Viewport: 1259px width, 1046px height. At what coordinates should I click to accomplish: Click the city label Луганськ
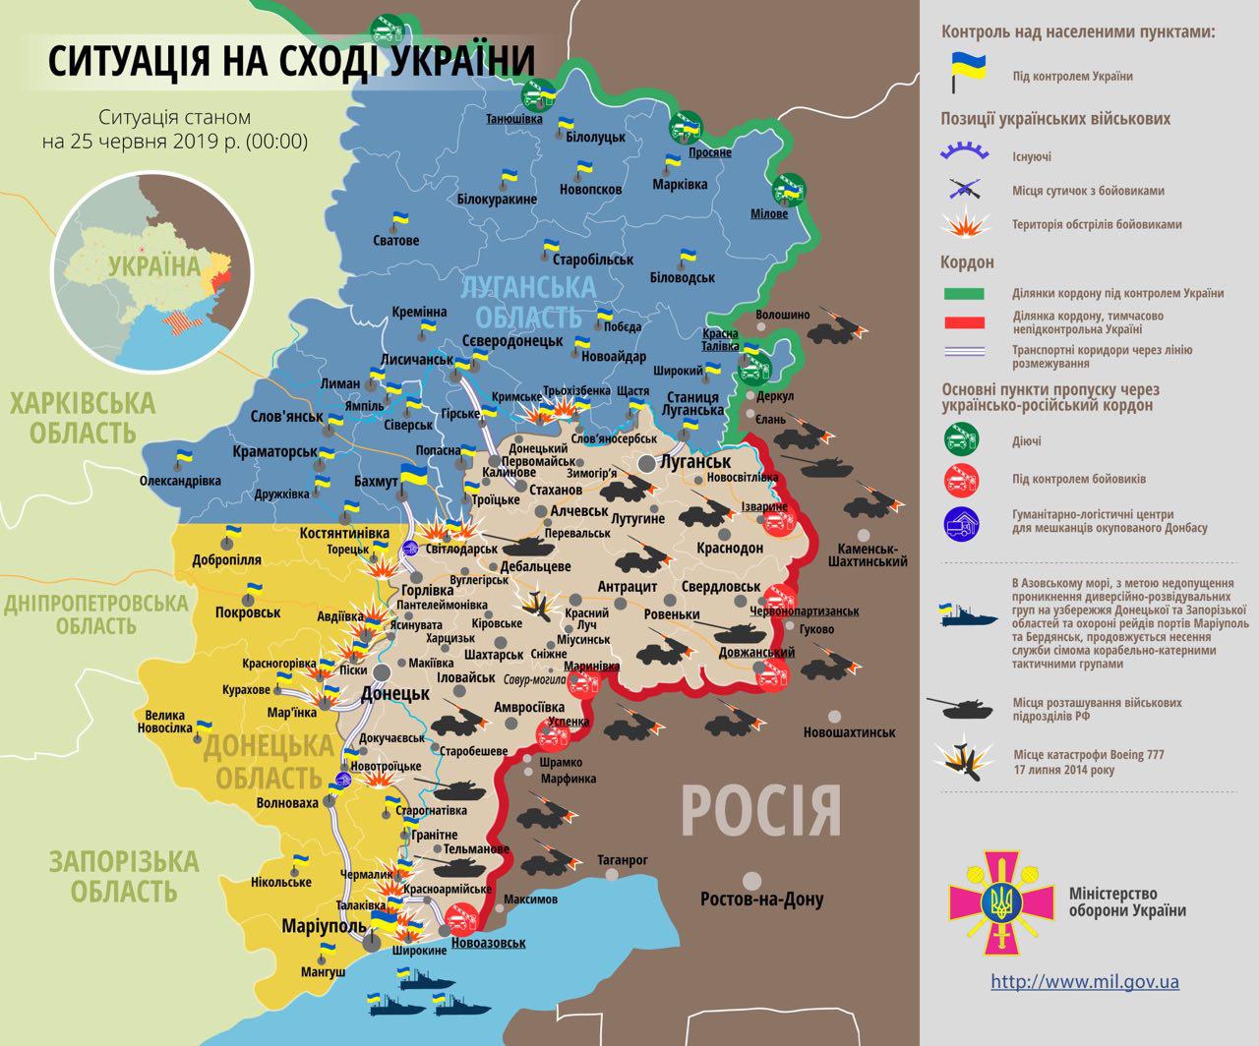[695, 461]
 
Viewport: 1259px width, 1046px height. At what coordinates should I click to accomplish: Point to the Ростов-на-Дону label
[761, 899]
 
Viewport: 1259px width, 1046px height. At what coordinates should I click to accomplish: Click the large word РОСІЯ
[761, 809]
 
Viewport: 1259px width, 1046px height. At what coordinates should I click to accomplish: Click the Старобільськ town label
[593, 260]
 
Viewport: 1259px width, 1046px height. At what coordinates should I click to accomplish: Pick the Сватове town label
[395, 241]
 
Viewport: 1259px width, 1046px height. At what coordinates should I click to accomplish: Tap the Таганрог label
[623, 859]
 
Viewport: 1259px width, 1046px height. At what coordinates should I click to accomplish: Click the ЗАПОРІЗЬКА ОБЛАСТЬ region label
[123, 876]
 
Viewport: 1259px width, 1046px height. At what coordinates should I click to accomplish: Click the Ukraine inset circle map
[152, 261]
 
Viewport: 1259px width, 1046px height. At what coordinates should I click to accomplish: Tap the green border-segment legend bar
[965, 293]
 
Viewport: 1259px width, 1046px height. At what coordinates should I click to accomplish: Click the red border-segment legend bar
[965, 322]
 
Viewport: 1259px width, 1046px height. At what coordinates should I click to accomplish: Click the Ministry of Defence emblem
[1001, 897]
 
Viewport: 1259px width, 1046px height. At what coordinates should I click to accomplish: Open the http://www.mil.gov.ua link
[1085, 981]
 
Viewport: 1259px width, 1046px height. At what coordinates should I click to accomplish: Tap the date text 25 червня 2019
[173, 141]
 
